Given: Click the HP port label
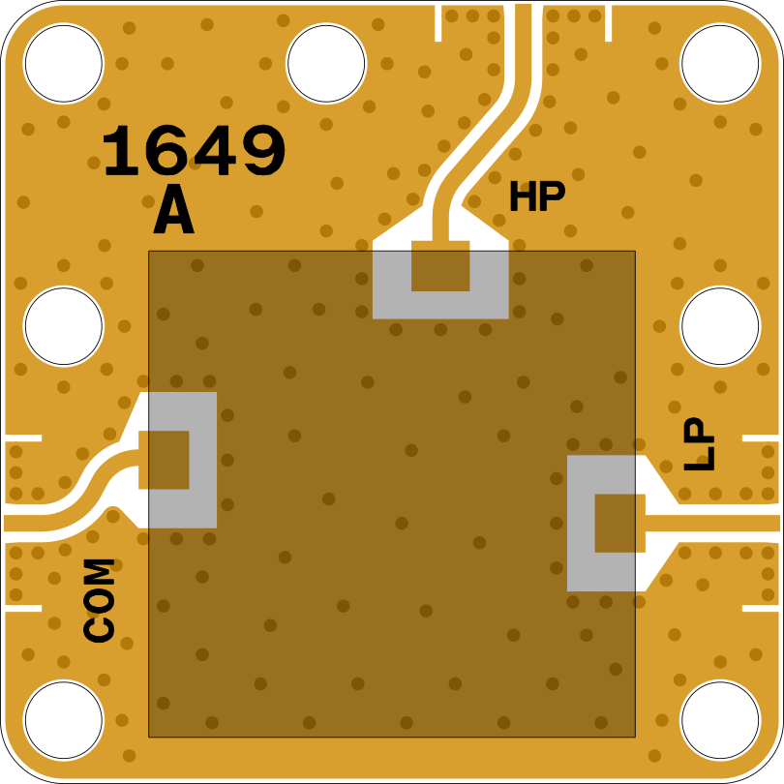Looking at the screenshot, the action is (537, 196).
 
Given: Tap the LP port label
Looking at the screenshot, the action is (699, 444).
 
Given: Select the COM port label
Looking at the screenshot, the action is (99, 600).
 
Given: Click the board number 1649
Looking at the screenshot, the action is (194, 150).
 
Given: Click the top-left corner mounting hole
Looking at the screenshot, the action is (64, 64).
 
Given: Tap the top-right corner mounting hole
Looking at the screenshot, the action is (720, 64).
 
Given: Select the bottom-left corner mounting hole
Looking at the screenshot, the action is (64, 720).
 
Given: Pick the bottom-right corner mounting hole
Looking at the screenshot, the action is (720, 720).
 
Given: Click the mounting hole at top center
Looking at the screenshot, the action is (326, 64).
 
